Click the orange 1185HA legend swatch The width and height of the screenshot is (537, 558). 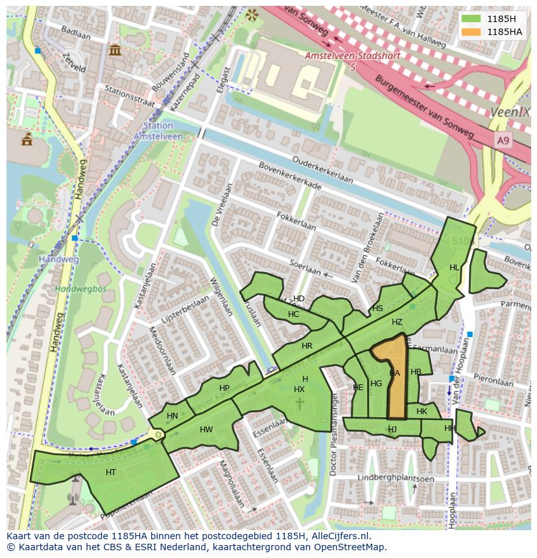[x=471, y=32]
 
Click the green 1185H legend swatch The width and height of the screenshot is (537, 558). [x=471, y=18]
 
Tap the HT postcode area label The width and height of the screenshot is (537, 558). [x=111, y=472]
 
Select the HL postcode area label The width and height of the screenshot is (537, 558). [x=455, y=268]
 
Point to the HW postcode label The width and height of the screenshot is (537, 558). [x=206, y=430]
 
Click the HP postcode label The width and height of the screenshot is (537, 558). [x=224, y=388]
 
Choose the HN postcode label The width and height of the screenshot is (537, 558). [x=172, y=416]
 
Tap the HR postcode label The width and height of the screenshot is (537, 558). [x=307, y=346]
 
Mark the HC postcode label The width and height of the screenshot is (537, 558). [x=293, y=314]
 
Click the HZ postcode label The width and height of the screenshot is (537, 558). [x=397, y=322]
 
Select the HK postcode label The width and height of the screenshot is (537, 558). [x=422, y=412]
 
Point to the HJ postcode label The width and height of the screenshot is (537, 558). [x=392, y=429]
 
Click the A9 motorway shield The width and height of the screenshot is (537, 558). [x=503, y=140]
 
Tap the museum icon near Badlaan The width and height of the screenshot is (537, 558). [x=115, y=49]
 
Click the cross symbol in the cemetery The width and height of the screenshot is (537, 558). [x=299, y=404]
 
